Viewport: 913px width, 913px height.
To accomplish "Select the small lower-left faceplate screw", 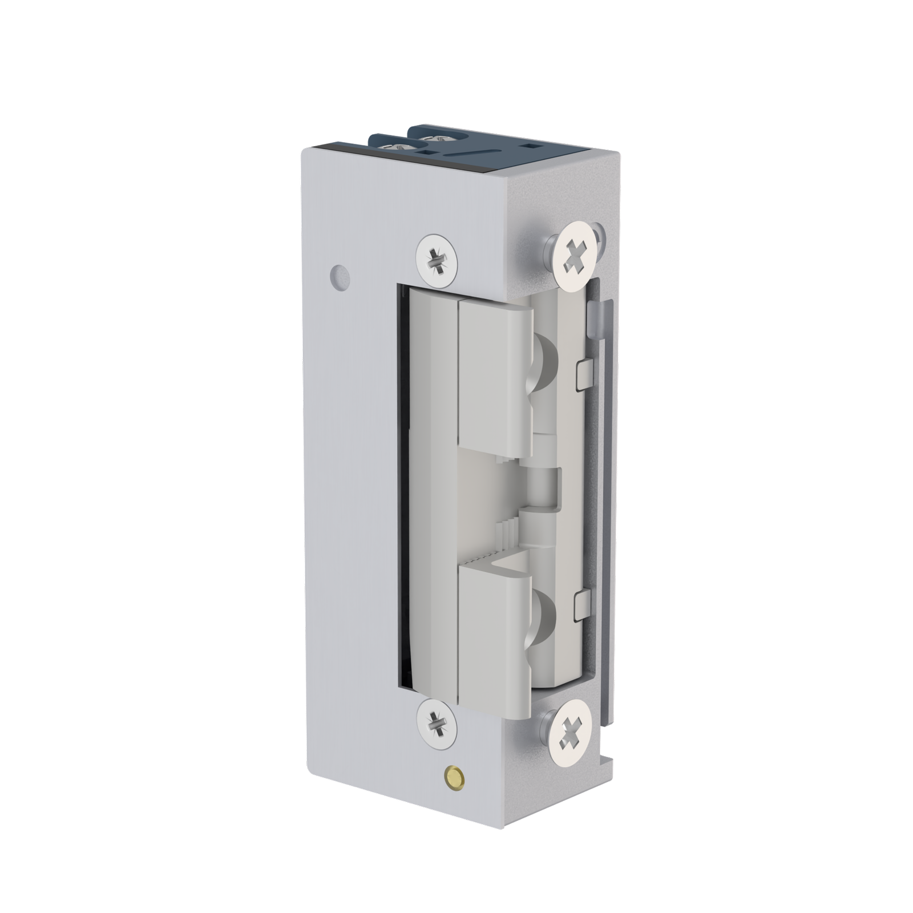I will [x=437, y=721].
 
